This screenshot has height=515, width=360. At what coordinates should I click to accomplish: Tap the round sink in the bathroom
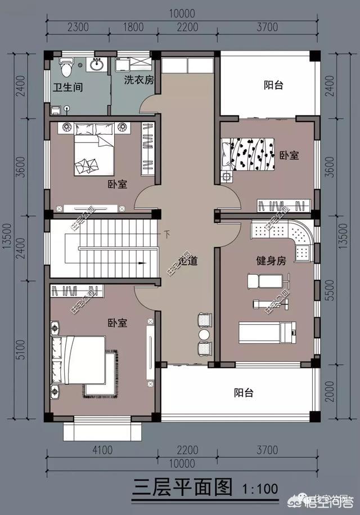click(x=96, y=64)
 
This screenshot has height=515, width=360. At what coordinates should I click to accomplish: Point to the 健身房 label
click(x=271, y=261)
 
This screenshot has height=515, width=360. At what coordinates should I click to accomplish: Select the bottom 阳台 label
click(x=243, y=393)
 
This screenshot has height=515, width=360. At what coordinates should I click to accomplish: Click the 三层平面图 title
click(x=181, y=487)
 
